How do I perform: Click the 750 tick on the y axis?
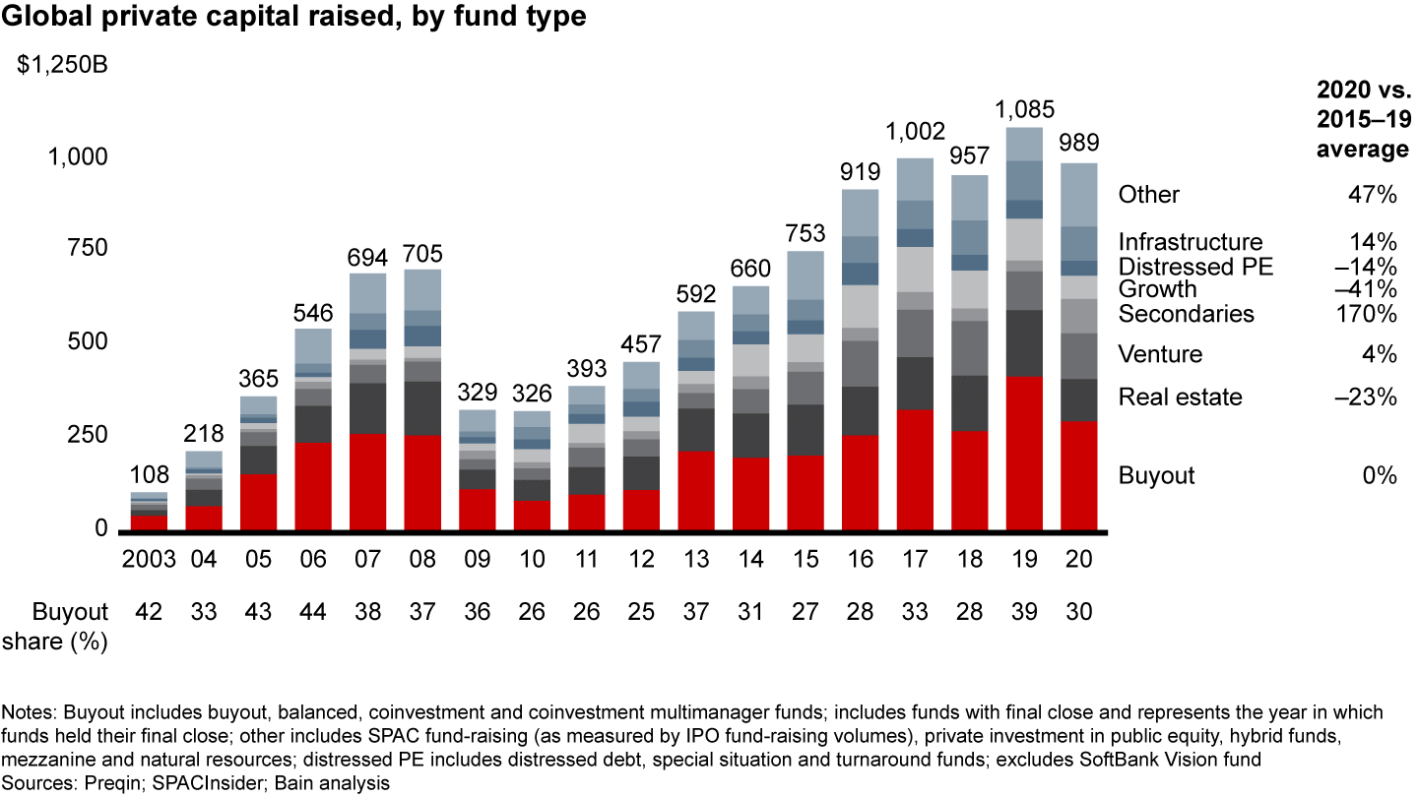click(x=86, y=249)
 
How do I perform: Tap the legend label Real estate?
click(x=1180, y=398)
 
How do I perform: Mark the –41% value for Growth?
click(x=1371, y=289)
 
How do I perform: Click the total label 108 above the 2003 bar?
click(x=150, y=475)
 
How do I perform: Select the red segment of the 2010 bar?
click(x=532, y=515)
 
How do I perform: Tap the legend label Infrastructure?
click(x=1190, y=242)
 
